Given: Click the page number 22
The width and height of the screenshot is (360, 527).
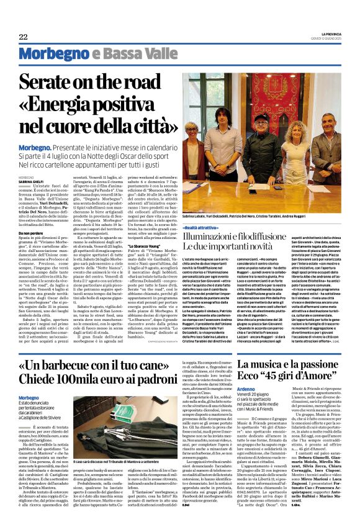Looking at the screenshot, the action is click(x=23, y=37).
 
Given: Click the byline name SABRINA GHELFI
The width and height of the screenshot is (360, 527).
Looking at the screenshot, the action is click(x=33, y=181).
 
